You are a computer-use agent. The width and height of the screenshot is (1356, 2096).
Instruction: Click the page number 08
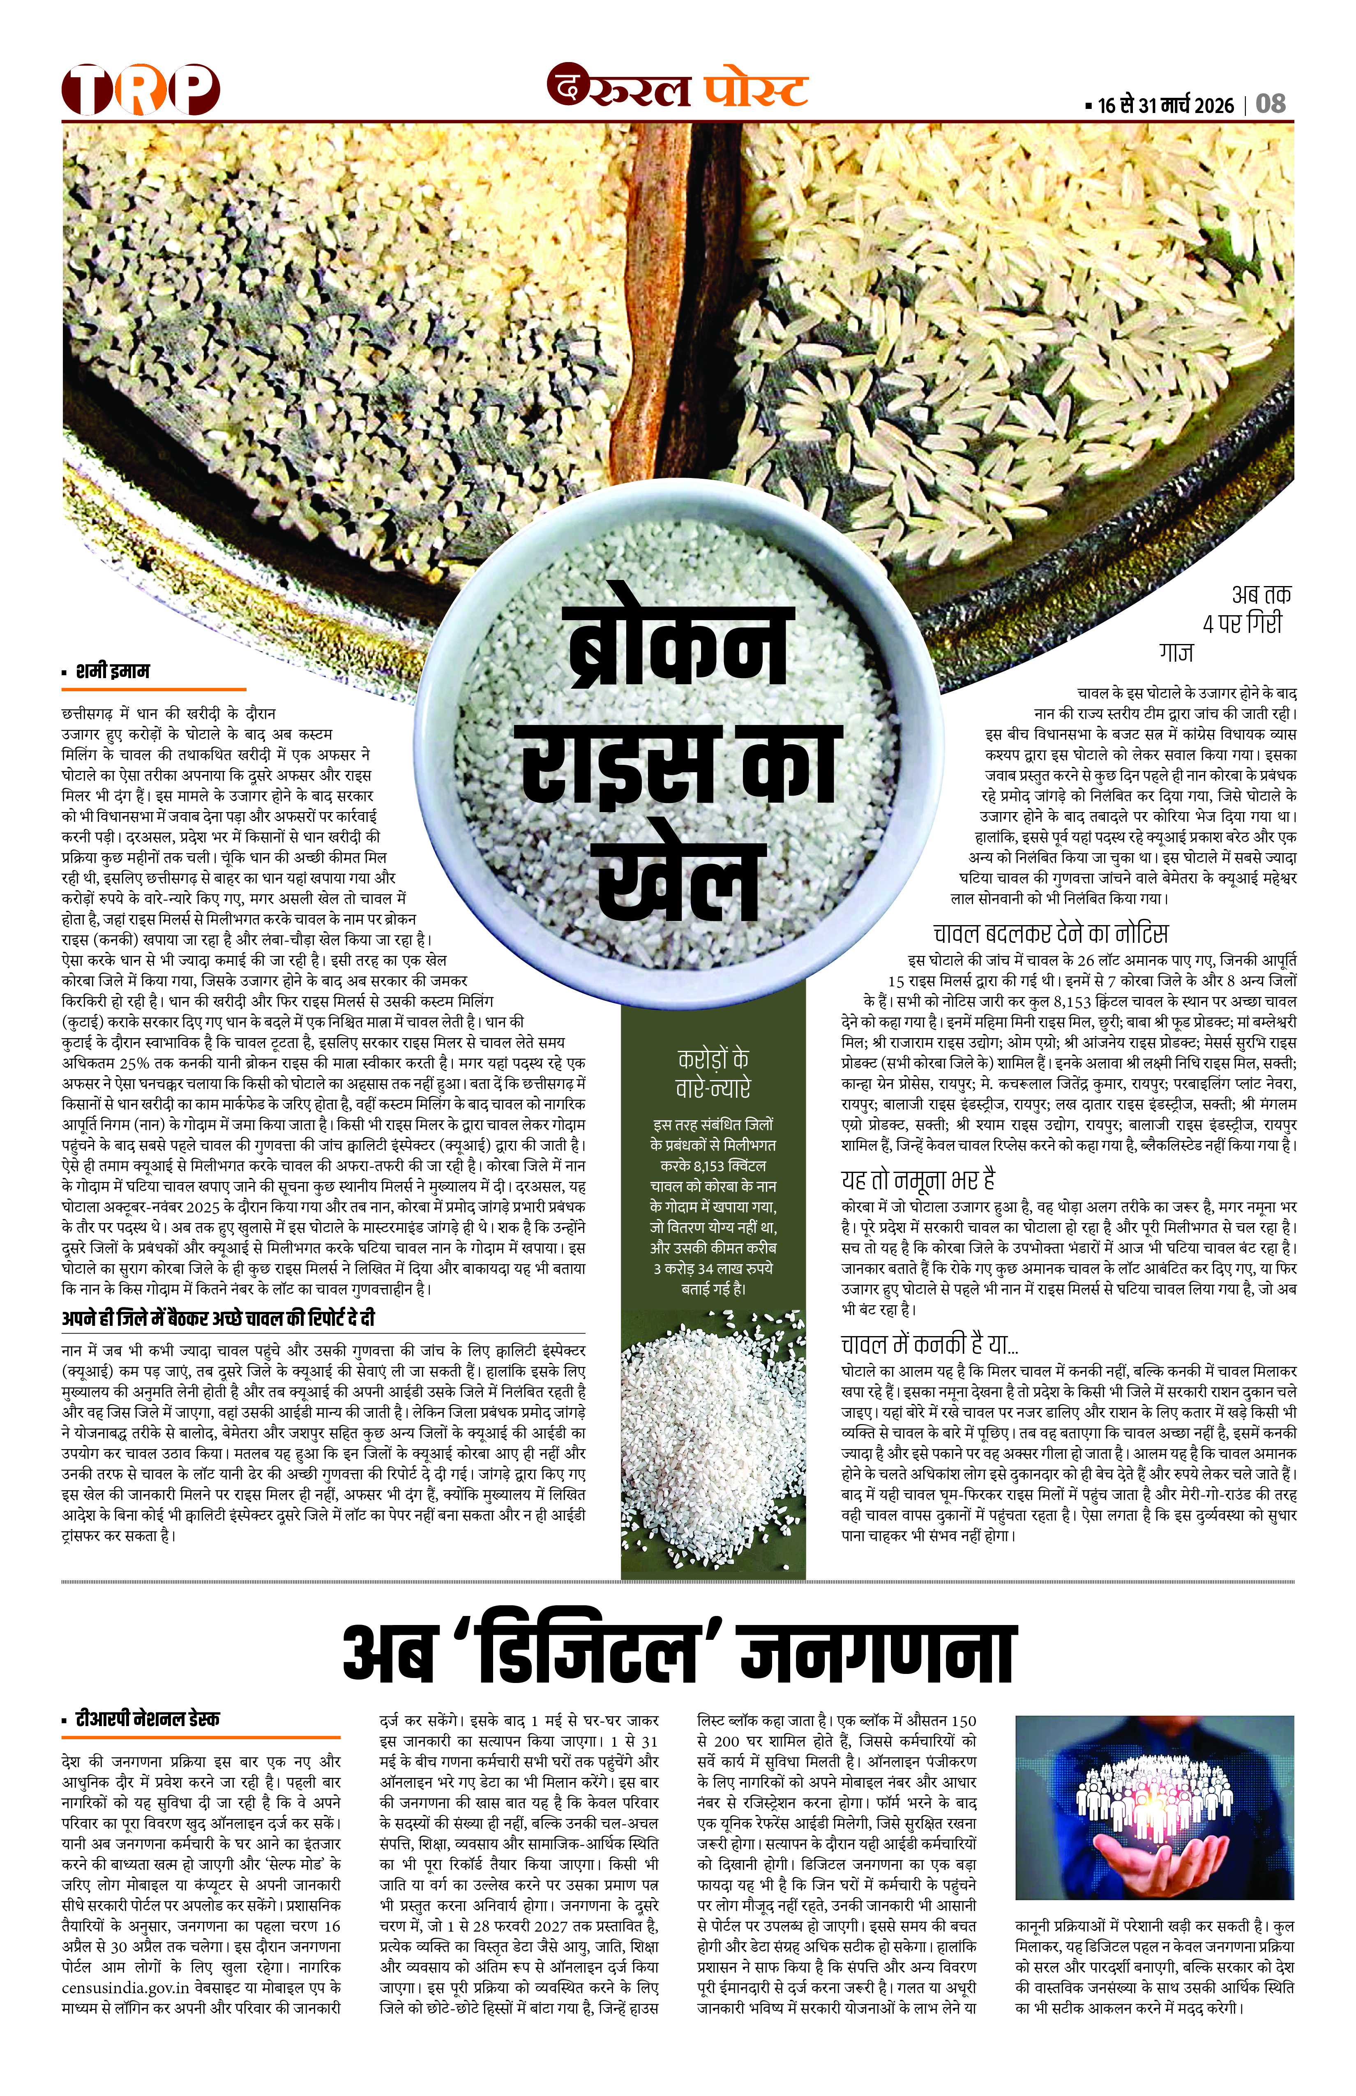1271,104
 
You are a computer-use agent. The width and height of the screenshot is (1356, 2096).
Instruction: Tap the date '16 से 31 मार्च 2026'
1165,106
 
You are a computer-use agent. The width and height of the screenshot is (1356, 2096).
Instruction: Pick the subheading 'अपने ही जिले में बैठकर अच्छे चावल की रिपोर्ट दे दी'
218,1318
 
